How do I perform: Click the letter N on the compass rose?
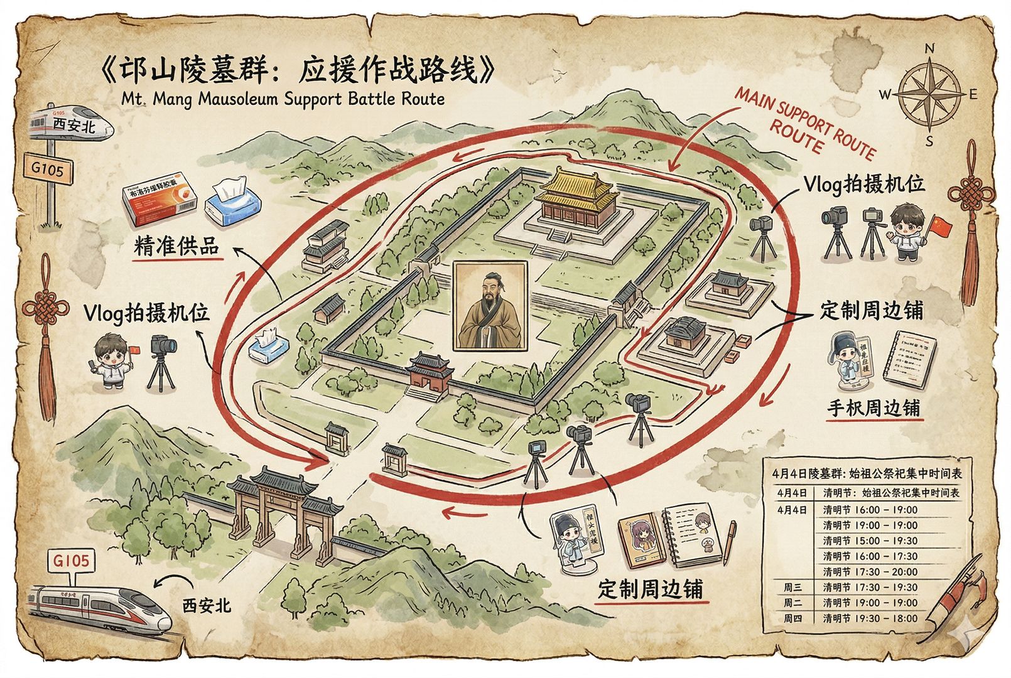coord(930,48)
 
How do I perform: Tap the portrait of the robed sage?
coord(490,306)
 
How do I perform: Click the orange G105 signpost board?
coord(48,168)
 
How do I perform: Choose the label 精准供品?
coord(176,247)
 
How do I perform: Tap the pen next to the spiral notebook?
coord(730,542)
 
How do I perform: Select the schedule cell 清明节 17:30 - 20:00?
coord(870,571)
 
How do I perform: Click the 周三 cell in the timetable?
coord(791,587)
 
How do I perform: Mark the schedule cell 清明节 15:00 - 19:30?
coord(870,541)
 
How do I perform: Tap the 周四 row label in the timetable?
coord(791,618)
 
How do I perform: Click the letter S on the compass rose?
coord(930,141)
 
